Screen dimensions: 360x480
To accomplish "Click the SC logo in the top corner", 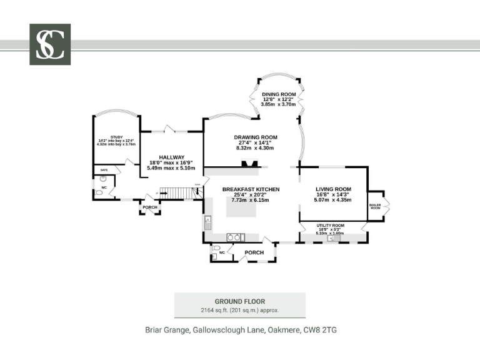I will point(50,44).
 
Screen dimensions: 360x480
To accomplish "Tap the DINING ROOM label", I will point(279,94).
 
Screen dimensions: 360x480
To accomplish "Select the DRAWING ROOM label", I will point(256,137).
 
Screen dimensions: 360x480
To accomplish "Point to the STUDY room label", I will point(116,137).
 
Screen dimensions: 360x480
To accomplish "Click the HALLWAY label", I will point(171,157).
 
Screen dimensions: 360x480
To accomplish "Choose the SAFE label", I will point(104,169).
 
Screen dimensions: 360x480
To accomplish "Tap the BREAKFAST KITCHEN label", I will point(251,189).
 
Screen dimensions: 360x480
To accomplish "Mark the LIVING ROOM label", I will point(332,189).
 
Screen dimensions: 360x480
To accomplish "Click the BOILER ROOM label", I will point(375,206).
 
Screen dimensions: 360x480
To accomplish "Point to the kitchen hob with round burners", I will point(233,237).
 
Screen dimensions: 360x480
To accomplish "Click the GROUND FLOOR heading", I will point(240,301).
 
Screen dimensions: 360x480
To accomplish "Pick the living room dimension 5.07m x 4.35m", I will point(332,200).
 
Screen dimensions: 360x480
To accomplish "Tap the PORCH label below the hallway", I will point(150,207).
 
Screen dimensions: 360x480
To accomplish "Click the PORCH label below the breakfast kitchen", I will point(254,252).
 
